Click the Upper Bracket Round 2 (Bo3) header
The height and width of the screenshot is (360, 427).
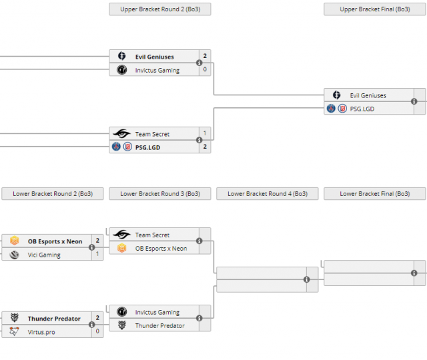(x=159, y=9)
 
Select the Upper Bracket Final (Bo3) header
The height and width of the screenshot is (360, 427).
(x=374, y=9)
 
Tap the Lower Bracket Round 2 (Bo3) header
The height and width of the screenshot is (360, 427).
(x=53, y=194)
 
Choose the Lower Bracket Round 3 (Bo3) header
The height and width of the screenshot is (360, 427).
(x=160, y=194)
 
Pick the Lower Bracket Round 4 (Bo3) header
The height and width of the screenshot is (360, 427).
(x=268, y=194)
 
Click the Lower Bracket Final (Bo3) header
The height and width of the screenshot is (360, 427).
(x=374, y=194)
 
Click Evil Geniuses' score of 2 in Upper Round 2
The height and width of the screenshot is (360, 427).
(x=205, y=57)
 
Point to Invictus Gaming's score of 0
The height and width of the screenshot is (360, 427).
(x=205, y=69)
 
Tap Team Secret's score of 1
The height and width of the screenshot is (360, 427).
(x=205, y=134)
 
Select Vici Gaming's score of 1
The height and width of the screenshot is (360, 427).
(x=97, y=254)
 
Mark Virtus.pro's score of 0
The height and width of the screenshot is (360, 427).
(x=97, y=331)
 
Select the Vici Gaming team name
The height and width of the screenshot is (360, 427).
(x=44, y=255)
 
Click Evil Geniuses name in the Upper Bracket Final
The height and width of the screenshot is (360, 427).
(x=368, y=95)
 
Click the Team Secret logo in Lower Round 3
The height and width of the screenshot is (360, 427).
(x=121, y=235)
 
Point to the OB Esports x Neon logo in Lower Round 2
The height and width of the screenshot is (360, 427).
(x=15, y=241)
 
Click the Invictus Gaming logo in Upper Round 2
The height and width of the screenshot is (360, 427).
(x=121, y=70)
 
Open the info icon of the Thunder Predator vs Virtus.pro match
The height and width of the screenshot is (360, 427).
(x=92, y=325)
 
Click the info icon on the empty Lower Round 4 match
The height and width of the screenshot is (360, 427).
(x=307, y=280)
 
